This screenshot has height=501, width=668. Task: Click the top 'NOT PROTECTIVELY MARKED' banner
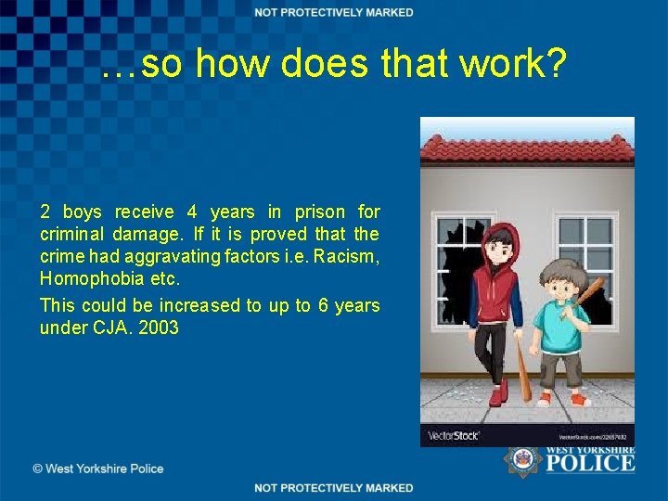334,12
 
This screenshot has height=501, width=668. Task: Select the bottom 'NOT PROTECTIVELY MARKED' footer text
334,488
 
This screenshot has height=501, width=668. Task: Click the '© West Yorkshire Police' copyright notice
98,469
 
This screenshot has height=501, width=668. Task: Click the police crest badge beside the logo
521,460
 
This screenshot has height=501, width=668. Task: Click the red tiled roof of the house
527,145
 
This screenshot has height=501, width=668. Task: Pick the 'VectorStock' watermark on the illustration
452,436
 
